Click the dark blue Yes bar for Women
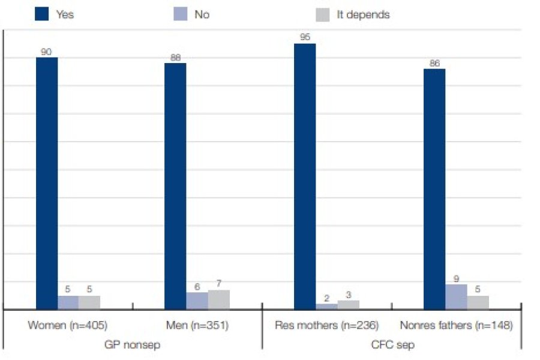coord(47,183)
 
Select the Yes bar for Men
coord(175,186)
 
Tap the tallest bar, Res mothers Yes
coord(305,176)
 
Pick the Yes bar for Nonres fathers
coord(434,189)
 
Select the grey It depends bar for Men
coord(219,299)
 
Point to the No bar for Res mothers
coord(326,306)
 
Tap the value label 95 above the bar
coord(305,38)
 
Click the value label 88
coord(175,58)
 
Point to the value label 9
coord(456,278)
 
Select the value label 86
coord(434,63)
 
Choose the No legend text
coord(202,14)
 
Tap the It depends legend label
coord(363,14)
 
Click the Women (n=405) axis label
coord(67,326)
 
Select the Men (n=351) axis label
coord(197,326)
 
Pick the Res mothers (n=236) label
coord(326,326)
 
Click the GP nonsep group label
coord(133,345)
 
